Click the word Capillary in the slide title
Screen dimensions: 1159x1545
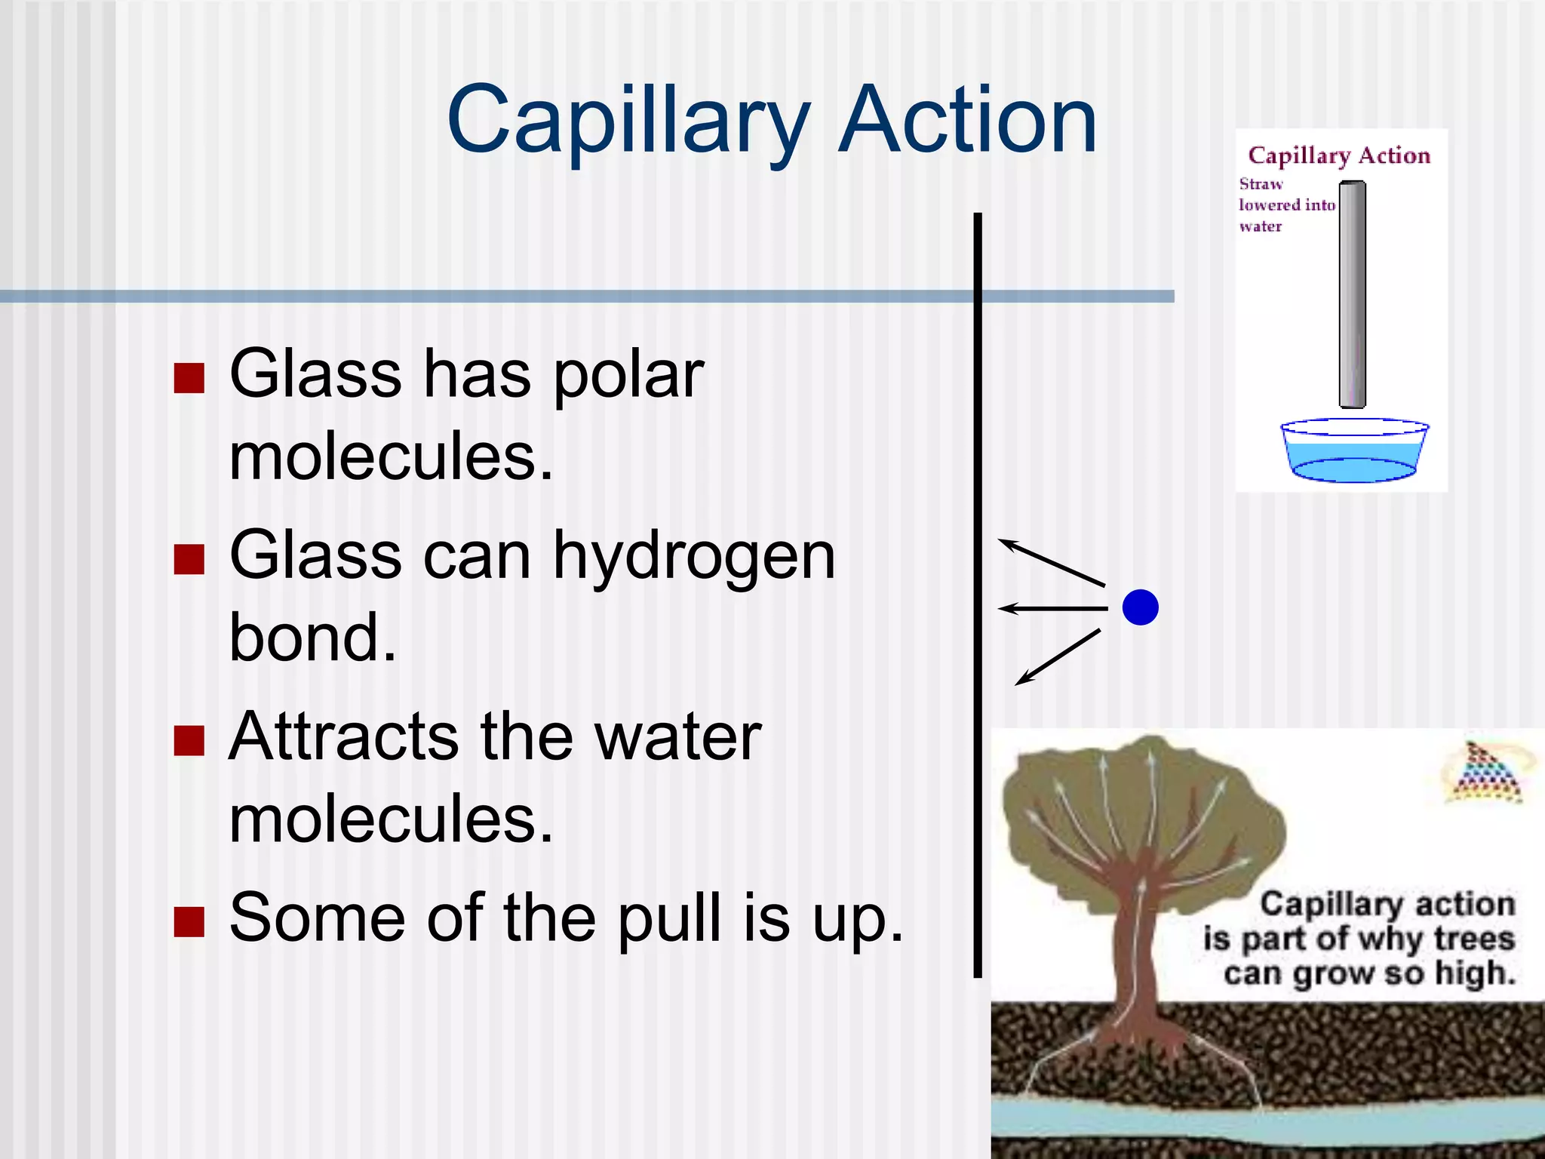(x=628, y=121)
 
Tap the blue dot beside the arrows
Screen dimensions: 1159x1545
(x=1140, y=607)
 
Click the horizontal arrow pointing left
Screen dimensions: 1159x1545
(x=1052, y=607)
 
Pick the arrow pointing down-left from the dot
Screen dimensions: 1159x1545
(x=1057, y=657)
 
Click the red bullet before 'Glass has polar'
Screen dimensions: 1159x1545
(x=189, y=378)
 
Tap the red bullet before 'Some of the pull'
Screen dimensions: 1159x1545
(x=189, y=921)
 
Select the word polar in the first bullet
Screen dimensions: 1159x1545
(x=628, y=376)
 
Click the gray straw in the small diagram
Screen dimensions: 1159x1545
(x=1352, y=294)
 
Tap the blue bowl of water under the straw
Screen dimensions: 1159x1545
(x=1354, y=453)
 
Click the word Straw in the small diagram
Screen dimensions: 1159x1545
(x=1261, y=184)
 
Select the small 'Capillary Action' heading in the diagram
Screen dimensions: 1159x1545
(x=1339, y=155)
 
